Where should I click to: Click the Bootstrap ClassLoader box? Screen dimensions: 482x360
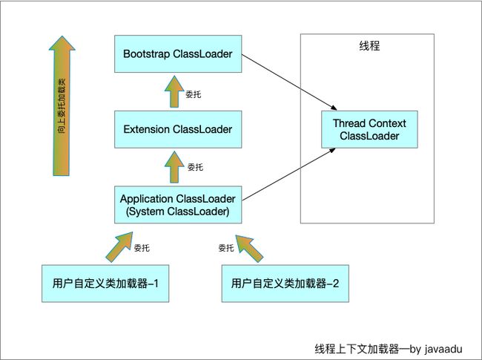click(178, 54)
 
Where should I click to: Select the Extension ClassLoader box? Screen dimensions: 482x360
click(178, 129)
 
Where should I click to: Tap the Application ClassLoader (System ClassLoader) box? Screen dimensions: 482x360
click(178, 205)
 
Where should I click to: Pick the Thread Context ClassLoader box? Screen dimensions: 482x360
click(369, 129)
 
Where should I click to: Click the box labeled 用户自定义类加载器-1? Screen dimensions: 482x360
click(105, 284)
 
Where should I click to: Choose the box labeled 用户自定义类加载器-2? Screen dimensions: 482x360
click(285, 284)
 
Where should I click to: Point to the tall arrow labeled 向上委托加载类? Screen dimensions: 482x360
click(62, 106)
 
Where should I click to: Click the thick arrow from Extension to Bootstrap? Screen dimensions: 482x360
click(174, 92)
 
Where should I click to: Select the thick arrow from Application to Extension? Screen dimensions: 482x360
click(174, 167)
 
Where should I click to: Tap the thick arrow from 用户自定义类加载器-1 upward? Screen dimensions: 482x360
click(120, 246)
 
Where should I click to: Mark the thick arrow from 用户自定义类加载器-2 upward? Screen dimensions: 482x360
click(249, 248)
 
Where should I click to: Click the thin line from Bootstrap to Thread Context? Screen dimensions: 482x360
click(289, 82)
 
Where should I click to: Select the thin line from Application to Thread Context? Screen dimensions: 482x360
click(289, 174)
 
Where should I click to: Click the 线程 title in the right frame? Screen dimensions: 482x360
click(369, 46)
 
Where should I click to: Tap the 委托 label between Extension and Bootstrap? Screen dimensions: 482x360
click(194, 94)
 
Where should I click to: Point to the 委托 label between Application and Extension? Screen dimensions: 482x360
click(195, 167)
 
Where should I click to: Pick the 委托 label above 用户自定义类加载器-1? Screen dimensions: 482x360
click(142, 248)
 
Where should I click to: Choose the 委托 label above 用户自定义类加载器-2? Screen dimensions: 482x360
click(226, 248)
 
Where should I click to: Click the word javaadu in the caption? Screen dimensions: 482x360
click(443, 349)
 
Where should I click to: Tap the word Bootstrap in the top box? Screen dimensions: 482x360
click(146, 54)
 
